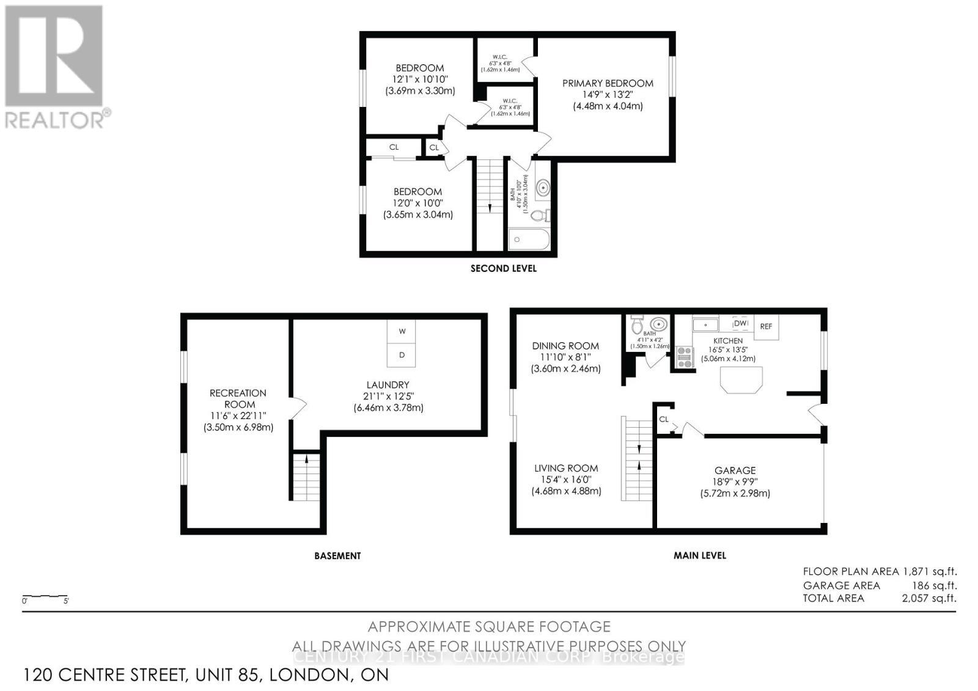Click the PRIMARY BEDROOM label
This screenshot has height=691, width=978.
tap(608, 83)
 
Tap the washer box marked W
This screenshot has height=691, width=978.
tap(402, 331)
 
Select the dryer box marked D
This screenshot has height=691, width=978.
tap(402, 355)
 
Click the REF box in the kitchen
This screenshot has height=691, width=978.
tap(766, 326)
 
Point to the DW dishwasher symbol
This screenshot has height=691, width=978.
tap(740, 323)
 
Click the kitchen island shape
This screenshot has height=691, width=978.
tap(742, 379)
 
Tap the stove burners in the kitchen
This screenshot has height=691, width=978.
tap(685, 357)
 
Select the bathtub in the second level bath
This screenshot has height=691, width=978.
tap(529, 240)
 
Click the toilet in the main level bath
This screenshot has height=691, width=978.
tap(637, 326)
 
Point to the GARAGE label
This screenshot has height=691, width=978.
tap(735, 470)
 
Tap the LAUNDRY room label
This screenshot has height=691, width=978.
tap(388, 385)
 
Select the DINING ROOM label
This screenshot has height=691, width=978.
tap(565, 346)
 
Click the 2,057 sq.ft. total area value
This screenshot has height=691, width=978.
tap(929, 598)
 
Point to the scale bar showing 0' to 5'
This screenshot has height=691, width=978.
tap(45, 596)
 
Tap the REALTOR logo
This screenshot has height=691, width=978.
tap(55, 67)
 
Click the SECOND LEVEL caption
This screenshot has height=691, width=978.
tap(503, 268)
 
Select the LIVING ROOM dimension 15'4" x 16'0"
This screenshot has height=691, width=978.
tap(566, 480)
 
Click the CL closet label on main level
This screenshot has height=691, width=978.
tap(664, 419)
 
